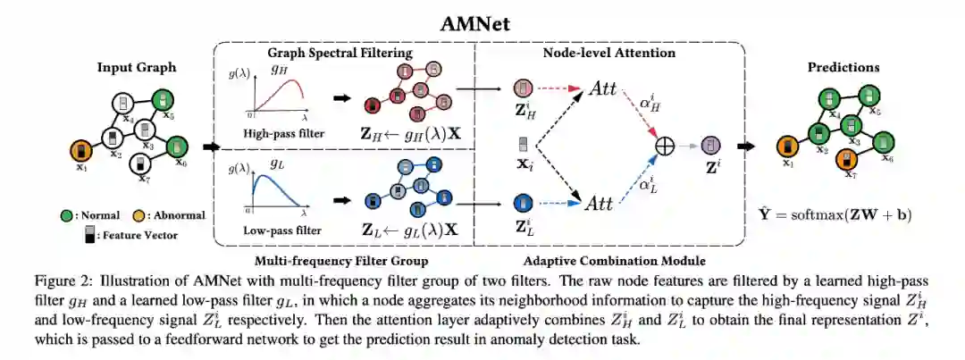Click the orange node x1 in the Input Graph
click(81, 149)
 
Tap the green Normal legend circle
click(66, 214)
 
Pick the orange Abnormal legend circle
click(138, 214)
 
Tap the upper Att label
click(600, 89)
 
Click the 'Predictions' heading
click(843, 67)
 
